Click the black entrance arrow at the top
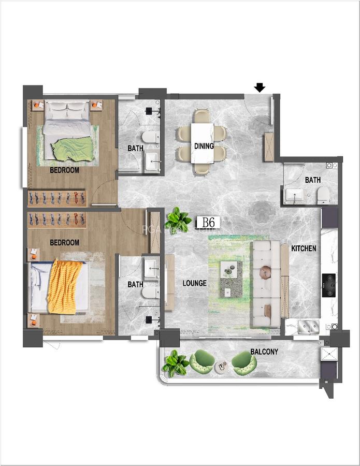(260, 88)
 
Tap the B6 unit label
(209, 223)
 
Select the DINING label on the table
(204, 146)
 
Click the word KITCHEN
(304, 249)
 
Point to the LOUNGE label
(194, 283)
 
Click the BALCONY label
(264, 352)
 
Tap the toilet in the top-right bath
(323, 195)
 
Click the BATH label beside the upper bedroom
(135, 149)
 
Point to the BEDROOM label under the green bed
(64, 170)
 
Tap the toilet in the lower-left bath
(150, 293)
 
